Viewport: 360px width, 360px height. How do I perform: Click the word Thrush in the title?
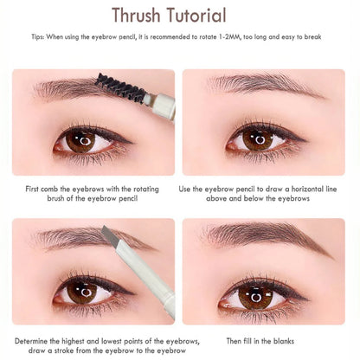142,16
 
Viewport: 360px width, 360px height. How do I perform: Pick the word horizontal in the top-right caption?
292,189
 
